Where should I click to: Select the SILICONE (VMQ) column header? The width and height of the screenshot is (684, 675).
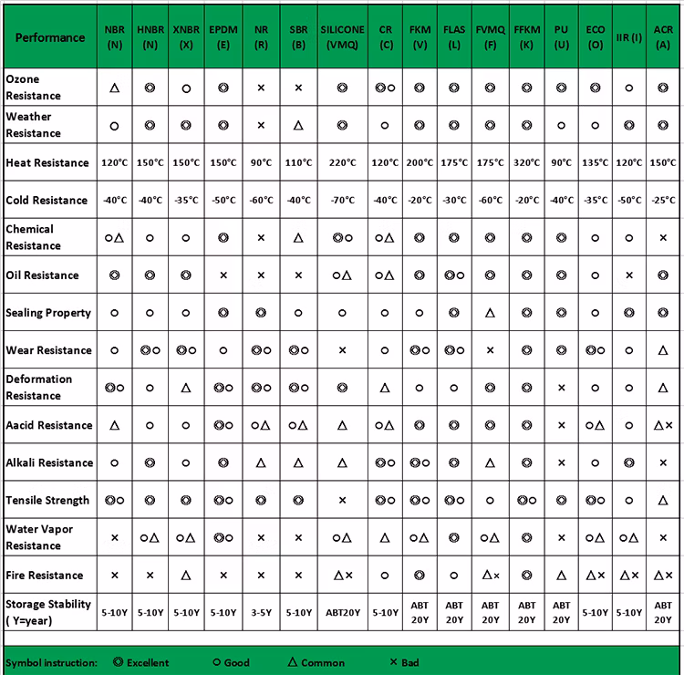[342, 36]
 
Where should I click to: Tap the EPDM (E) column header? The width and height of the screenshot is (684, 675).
[223, 36]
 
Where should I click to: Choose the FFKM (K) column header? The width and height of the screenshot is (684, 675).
[526, 36]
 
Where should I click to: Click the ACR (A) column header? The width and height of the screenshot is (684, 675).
[663, 36]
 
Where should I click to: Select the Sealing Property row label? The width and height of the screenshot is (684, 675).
[48, 313]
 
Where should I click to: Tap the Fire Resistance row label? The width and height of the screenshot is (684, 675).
[45, 576]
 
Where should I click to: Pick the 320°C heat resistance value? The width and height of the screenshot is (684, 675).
[526, 162]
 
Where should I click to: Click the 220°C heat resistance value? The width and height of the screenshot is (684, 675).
[342, 162]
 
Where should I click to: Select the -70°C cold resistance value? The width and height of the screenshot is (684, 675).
[342, 201]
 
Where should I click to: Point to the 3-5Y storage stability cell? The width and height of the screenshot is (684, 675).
[261, 613]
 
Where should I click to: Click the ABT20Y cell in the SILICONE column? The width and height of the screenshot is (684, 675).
[342, 613]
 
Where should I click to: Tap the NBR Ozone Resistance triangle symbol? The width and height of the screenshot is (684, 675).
[115, 88]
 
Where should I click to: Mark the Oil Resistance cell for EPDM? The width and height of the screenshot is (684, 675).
[223, 275]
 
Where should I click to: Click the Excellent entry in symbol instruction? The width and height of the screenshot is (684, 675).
[142, 662]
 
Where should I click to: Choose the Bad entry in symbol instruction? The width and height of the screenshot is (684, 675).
[405, 662]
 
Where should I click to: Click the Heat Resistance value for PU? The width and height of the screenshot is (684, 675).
[562, 162]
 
